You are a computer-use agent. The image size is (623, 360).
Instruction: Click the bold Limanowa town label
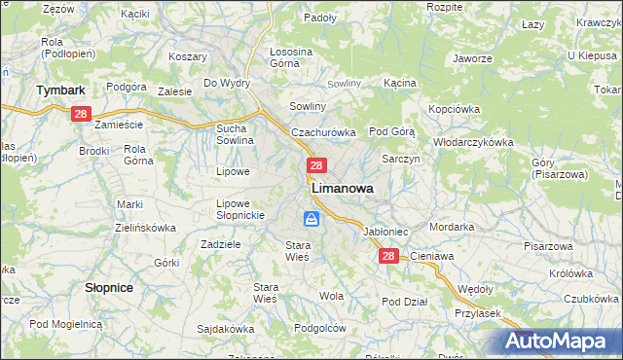tap(342, 190)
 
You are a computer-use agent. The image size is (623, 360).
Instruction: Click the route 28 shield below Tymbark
tap(81, 114)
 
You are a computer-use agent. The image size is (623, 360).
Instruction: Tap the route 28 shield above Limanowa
tap(316, 166)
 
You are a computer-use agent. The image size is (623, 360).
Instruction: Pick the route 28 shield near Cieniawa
tap(388, 256)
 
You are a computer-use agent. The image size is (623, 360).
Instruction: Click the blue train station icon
tap(312, 219)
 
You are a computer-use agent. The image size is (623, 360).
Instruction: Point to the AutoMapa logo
tap(561, 341)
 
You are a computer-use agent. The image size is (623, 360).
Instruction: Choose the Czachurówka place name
tap(324, 131)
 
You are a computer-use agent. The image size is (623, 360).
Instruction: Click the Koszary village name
tap(188, 56)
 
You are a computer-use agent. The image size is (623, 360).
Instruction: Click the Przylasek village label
tap(477, 313)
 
